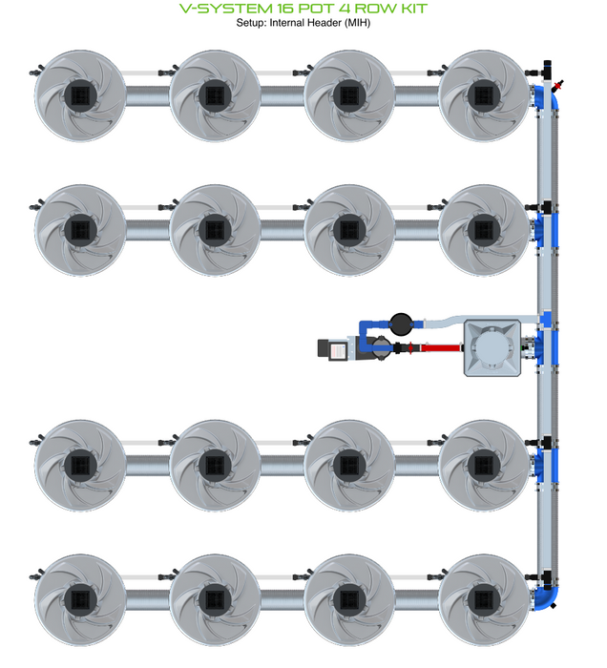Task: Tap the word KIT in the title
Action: tap(411, 9)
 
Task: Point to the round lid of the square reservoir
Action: tap(493, 348)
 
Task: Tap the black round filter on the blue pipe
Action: tap(402, 323)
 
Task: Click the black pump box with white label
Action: tap(336, 350)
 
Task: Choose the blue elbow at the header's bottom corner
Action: tap(549, 596)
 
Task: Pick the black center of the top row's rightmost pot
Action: tap(482, 94)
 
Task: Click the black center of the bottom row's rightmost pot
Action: tap(482, 596)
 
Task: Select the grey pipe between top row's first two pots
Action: tap(145, 94)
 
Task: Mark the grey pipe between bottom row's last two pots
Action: tap(415, 597)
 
